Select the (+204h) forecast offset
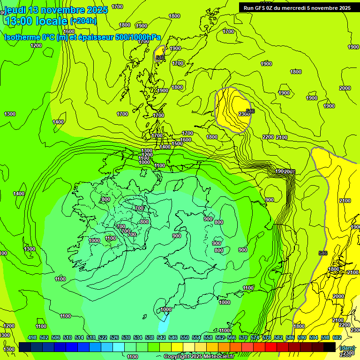(x=83, y=21)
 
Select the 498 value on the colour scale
(x=32, y=337)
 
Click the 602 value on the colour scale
(x=337, y=337)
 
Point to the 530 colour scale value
(x=126, y=337)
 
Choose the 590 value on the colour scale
(x=302, y=337)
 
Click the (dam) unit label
(x=347, y=347)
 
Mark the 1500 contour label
(x=177, y=144)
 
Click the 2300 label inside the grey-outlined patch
(x=244, y=114)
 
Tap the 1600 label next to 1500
(x=186, y=140)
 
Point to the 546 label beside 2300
(x=250, y=111)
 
